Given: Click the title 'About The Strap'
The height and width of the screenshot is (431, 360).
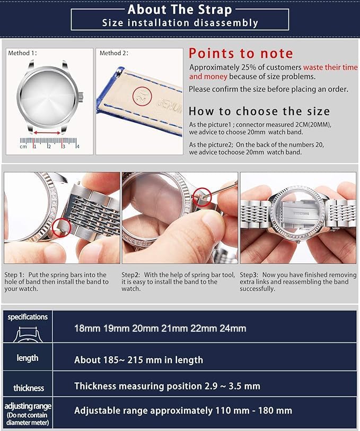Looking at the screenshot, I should point(180,9).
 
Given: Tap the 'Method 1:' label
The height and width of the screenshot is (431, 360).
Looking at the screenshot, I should point(23,53).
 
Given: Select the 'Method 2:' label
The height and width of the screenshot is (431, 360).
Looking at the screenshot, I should point(114,53).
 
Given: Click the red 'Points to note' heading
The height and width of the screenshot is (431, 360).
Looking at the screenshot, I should point(241,53).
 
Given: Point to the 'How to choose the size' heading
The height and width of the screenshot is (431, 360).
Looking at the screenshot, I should point(259,111).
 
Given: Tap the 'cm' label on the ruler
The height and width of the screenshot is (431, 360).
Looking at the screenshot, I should point(23,146).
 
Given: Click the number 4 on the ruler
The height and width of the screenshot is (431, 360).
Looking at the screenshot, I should point(77,146).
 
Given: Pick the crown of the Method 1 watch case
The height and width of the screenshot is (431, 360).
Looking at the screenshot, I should point(81,97).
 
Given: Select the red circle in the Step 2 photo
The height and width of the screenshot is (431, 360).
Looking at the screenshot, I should point(202,198).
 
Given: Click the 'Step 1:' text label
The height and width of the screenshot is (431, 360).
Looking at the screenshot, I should point(14,275).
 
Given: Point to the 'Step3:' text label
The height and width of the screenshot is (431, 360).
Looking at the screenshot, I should point(249,275).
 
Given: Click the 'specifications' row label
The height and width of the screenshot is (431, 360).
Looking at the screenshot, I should point(28,317).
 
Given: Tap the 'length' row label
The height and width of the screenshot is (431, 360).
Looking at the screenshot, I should point(28,358).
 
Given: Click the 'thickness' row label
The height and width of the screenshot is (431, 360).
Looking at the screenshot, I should point(29,388).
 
